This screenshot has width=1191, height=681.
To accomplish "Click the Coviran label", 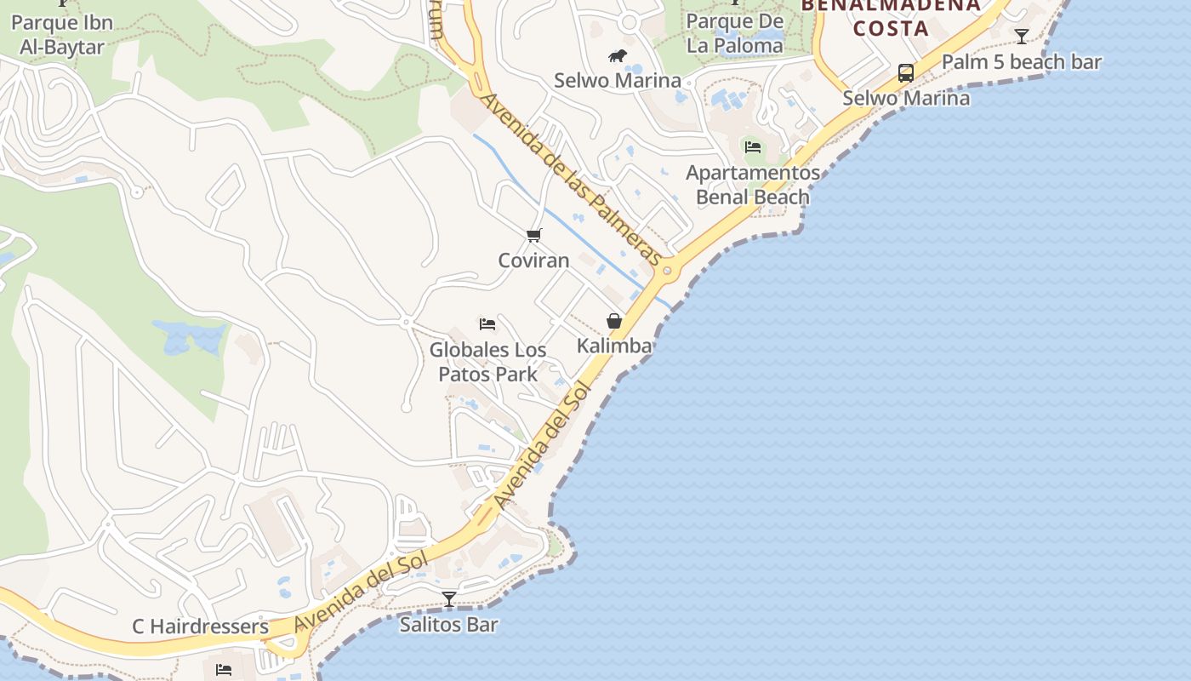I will click(x=533, y=260).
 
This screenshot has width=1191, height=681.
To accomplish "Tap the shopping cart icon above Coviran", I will click(x=533, y=235).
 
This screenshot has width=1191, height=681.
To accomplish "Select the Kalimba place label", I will click(x=614, y=345).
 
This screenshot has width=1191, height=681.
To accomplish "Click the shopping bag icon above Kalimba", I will click(x=614, y=321).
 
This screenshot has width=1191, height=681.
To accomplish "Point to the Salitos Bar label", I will click(x=449, y=624).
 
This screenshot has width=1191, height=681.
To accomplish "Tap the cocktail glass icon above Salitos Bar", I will click(x=449, y=599).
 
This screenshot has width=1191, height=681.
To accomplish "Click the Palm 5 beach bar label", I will click(x=1021, y=62).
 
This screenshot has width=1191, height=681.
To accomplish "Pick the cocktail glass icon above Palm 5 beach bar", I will click(x=1022, y=37).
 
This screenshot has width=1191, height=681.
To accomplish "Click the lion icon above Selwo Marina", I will click(x=618, y=56).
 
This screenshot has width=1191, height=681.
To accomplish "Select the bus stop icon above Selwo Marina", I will click(x=906, y=73).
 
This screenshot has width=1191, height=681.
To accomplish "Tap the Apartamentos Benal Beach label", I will click(x=753, y=185).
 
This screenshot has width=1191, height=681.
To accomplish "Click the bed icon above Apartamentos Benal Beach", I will click(x=753, y=146).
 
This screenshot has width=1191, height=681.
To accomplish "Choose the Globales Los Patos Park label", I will click(x=487, y=362).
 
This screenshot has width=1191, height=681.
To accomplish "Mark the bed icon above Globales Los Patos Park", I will click(x=487, y=324).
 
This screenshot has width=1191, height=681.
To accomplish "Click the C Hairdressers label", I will click(x=200, y=627).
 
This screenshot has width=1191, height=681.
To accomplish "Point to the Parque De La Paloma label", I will click(x=734, y=32).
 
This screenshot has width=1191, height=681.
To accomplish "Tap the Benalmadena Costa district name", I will click(x=891, y=17).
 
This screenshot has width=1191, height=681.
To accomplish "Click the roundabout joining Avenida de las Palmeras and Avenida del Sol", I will click(x=667, y=272).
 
